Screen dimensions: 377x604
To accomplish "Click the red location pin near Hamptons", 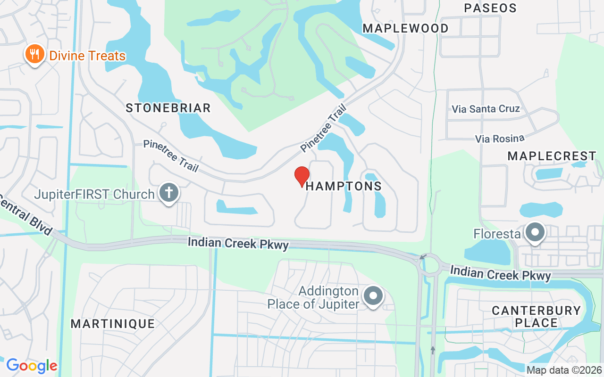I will (x=302, y=176).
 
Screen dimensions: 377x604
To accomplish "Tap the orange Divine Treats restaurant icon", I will (x=34, y=55).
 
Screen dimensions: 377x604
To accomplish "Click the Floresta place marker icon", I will (x=535, y=232).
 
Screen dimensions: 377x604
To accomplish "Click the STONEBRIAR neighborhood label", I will (x=168, y=108).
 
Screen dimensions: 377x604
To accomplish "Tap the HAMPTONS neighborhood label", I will (x=344, y=186).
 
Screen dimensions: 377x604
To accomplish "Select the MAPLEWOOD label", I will (x=405, y=28).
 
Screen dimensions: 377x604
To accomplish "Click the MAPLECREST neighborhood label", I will (x=552, y=156).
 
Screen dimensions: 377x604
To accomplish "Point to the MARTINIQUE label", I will (x=113, y=324).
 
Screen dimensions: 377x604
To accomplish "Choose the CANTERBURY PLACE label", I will (x=536, y=317).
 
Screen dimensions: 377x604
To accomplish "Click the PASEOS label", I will (x=490, y=8).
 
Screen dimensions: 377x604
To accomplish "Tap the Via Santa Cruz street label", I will (x=486, y=109).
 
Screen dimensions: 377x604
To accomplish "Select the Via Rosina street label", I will (x=500, y=139).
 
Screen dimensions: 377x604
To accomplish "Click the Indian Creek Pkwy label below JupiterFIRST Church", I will (x=238, y=243).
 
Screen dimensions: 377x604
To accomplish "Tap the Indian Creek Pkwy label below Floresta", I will (x=500, y=273).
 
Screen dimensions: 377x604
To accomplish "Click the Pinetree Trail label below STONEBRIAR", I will (x=171, y=156).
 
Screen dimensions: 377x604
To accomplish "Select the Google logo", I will (x=32, y=366).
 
